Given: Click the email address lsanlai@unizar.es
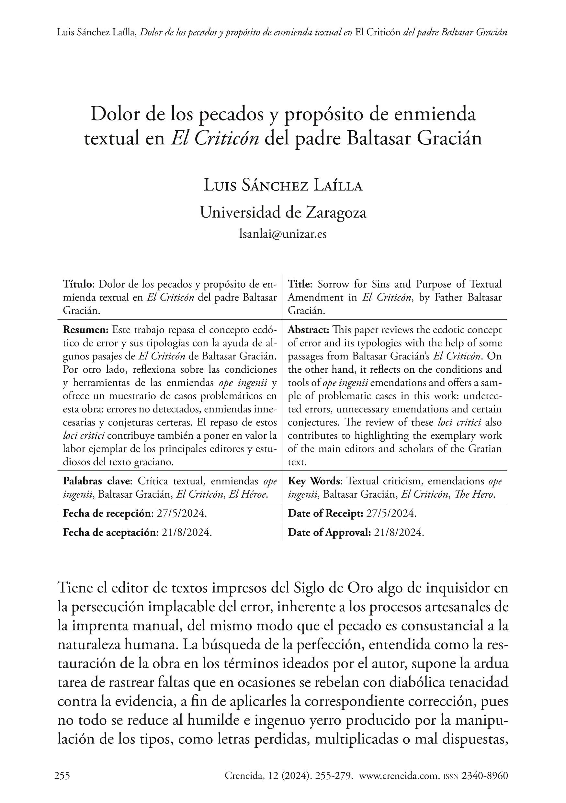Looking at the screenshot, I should click(x=283, y=234).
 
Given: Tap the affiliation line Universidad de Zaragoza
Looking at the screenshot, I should click(x=283, y=212).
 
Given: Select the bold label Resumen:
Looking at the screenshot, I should click(x=86, y=330).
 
